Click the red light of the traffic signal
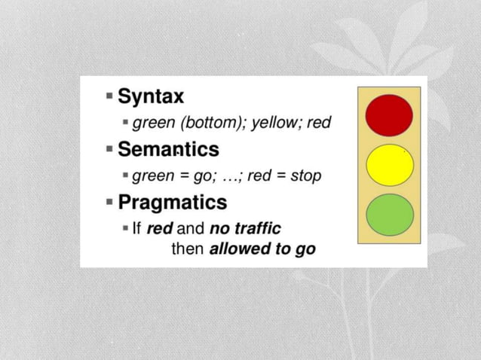389,114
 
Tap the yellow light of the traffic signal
389,165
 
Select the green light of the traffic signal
389,215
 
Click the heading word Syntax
151,96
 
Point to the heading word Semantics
168,149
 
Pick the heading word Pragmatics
172,202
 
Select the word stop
305,175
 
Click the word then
188,249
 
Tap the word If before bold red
137,228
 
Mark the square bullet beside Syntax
110,97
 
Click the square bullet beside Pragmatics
110,203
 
